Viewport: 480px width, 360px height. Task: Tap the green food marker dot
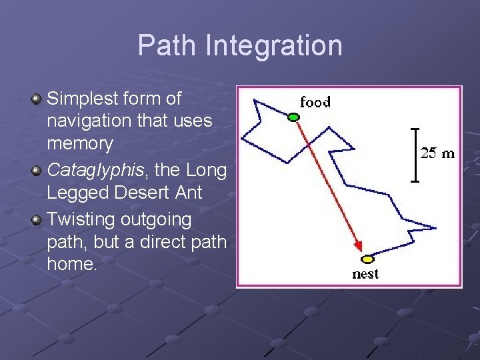pyautogui.click(x=293, y=117)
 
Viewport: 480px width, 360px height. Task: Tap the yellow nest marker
pyautogui.click(x=367, y=259)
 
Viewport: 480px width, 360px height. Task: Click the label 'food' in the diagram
pyautogui.click(x=315, y=102)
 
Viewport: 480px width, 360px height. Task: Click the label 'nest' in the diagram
pyautogui.click(x=365, y=274)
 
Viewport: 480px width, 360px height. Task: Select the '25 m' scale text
pyautogui.click(x=437, y=154)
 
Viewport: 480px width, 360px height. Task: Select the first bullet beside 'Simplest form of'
pyautogui.click(x=37, y=99)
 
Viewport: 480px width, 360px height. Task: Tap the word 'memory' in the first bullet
pyautogui.click(x=80, y=143)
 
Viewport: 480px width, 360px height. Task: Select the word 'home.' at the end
pyautogui.click(x=72, y=264)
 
